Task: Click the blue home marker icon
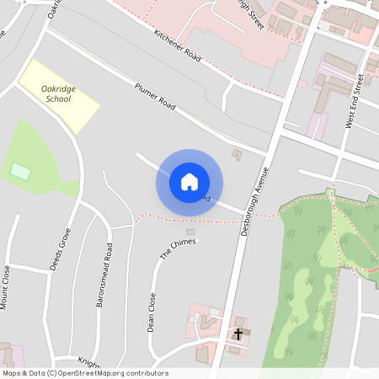point(189,181)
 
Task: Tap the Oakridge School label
point(58,93)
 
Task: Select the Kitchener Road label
point(177,45)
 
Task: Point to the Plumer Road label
point(155,98)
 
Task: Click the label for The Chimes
point(178,247)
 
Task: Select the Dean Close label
point(152,311)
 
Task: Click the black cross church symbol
point(238,334)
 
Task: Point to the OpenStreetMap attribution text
point(85,373)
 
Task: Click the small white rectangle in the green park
point(20,171)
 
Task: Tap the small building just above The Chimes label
point(189,232)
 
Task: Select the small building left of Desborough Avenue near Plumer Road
point(237,154)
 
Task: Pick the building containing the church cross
point(239,330)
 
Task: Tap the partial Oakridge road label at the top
point(54,8)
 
